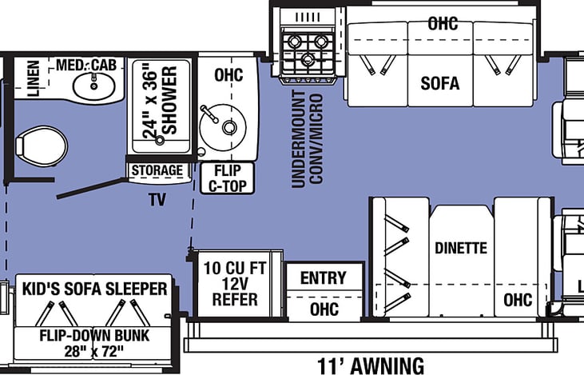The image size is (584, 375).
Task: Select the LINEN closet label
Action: click(34, 79)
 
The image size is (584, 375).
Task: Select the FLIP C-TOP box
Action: click(227, 178)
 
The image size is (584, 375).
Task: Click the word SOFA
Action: click(441, 83)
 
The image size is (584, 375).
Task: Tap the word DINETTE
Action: click(460, 248)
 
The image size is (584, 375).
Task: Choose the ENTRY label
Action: click(324, 278)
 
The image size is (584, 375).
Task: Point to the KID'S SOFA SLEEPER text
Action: click(94, 288)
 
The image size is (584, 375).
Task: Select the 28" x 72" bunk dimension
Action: click(94, 349)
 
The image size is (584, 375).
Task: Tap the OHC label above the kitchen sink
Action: click(227, 74)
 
